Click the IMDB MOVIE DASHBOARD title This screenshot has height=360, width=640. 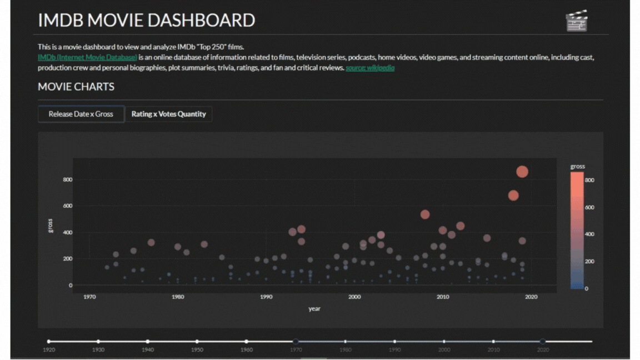pyautogui.click(x=146, y=20)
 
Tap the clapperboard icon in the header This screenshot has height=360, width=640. pyautogui.click(x=576, y=21)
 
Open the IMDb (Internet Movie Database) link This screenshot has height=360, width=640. pyautogui.click(x=87, y=57)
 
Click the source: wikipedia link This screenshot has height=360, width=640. pyautogui.click(x=370, y=68)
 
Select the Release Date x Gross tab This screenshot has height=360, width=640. pyautogui.click(x=81, y=114)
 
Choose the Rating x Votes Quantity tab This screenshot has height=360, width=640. pyautogui.click(x=168, y=114)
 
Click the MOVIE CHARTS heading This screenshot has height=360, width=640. pyautogui.click(x=76, y=87)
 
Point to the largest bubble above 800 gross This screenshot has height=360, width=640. pyautogui.click(x=522, y=172)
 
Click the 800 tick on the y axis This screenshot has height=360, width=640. pyautogui.click(x=67, y=179)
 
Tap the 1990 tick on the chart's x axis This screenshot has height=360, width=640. pyautogui.click(x=266, y=297)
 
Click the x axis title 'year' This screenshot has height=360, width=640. pyautogui.click(x=314, y=309)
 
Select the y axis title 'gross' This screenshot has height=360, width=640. pyautogui.click(x=51, y=225)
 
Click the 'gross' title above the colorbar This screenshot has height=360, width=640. pyautogui.click(x=577, y=166)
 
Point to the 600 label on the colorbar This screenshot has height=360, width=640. pyautogui.click(x=589, y=207)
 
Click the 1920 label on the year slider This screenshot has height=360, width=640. pyautogui.click(x=49, y=350)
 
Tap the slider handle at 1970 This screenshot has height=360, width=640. pyautogui.click(x=296, y=341)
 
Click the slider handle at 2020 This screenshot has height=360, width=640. pyautogui.click(x=543, y=341)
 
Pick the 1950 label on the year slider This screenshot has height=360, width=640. pyautogui.click(x=197, y=350)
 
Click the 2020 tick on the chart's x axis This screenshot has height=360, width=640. pyautogui.click(x=531, y=297)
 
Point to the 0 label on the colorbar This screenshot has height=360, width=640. pyautogui.click(x=587, y=288)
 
